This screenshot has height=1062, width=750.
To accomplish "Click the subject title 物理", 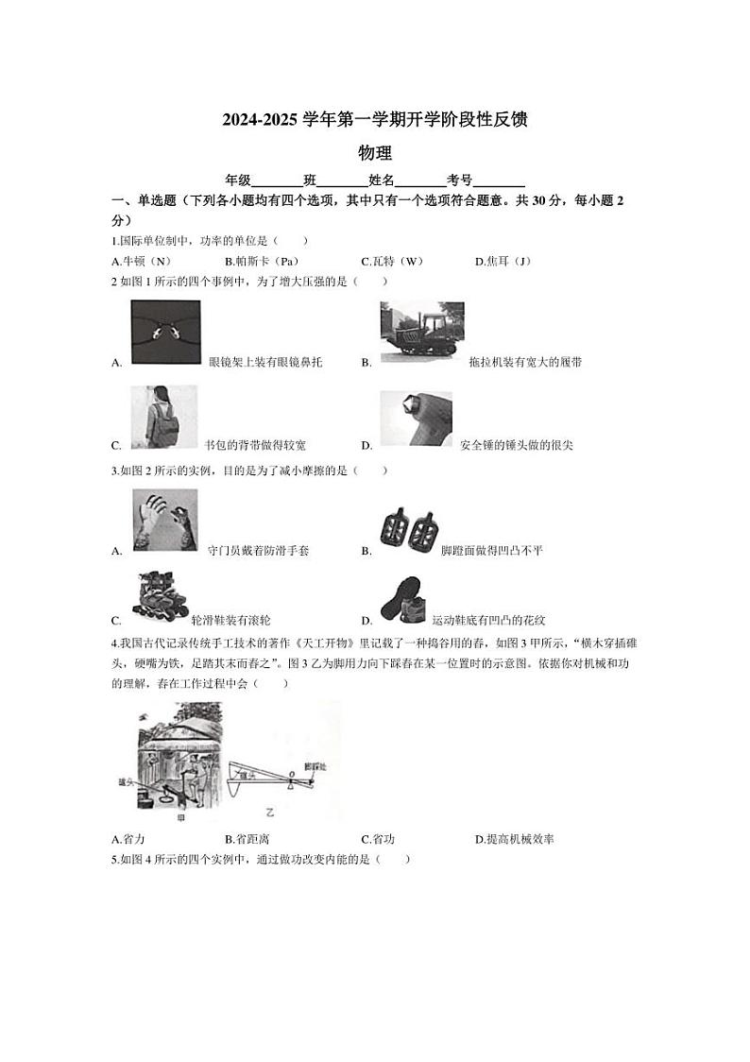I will point(375,152).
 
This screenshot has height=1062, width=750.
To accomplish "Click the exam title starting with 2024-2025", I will point(374,120).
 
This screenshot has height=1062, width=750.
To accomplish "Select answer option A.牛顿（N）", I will point(141,262).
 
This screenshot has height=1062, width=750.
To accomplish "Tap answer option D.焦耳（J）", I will point(505,262).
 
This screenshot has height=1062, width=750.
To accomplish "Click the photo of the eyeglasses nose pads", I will point(165,332).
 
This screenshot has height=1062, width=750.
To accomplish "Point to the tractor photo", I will point(421,332).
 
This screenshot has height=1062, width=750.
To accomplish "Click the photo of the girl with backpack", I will point(164,417).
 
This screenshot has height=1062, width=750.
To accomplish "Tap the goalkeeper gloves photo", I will point(165,520).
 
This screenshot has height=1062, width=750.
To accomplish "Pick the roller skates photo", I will point(160,599).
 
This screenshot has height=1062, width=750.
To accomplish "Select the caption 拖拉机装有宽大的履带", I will point(525,363).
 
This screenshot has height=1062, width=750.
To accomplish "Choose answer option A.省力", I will point(128,839).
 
